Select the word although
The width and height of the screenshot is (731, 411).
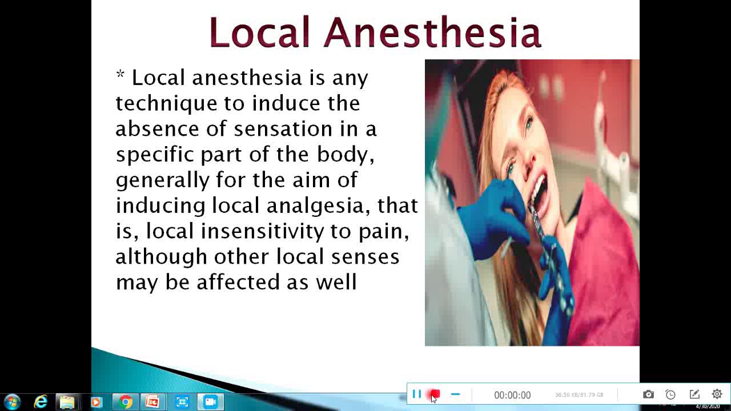pyautogui.click(x=161, y=256)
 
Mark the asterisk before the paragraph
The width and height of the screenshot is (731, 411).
pyautogui.click(x=120, y=75)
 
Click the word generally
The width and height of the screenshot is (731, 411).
pyautogui.click(x=163, y=180)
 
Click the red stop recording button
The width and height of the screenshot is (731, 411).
pyautogui.click(x=435, y=394)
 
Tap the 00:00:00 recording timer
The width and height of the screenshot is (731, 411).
pyautogui.click(x=512, y=395)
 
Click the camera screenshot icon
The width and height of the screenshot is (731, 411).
pyautogui.click(x=648, y=394)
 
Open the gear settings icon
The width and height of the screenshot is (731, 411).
pyautogui.click(x=717, y=394)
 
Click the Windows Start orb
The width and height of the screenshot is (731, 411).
pyautogui.click(x=12, y=402)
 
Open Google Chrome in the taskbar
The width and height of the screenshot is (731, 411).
pyautogui.click(x=126, y=402)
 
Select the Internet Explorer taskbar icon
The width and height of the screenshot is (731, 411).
pyautogui.click(x=41, y=402)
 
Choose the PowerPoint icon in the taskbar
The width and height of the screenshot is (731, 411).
pyautogui.click(x=152, y=402)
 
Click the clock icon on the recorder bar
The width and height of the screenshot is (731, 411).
pyautogui.click(x=670, y=394)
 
